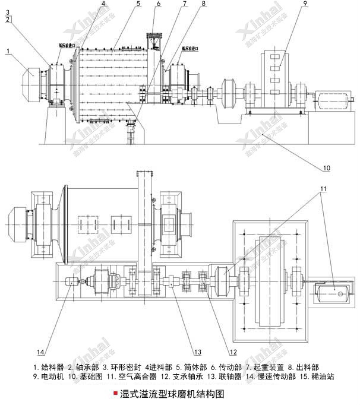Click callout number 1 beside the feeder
8,52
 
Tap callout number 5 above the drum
138,4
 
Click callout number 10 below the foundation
326,169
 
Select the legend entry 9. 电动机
50,376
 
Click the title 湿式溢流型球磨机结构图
172,393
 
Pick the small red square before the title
115,393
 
